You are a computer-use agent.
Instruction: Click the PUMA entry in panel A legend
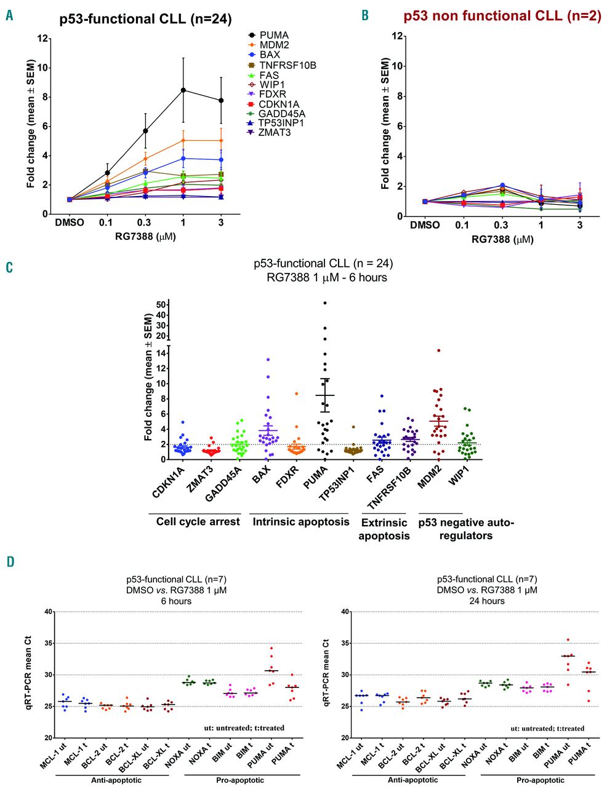(274, 36)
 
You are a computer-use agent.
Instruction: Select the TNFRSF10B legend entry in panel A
(287, 65)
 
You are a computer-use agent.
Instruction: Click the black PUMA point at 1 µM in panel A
(183, 90)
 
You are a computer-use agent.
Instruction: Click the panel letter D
(9, 561)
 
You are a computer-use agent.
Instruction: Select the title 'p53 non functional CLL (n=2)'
(502, 17)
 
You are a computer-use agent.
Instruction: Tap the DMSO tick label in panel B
(425, 226)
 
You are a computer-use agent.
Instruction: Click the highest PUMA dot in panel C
(325, 303)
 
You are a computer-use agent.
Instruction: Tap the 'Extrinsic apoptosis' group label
(385, 529)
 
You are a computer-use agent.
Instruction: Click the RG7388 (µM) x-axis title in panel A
(146, 237)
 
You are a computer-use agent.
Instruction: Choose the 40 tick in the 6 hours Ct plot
(46, 612)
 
